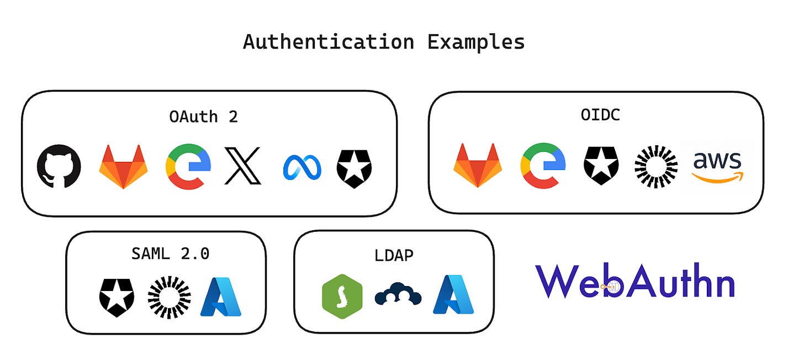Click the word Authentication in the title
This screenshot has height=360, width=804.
coord(329,43)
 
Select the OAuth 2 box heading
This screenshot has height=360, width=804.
coord(204,117)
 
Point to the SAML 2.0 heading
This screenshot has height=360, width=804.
coord(170,253)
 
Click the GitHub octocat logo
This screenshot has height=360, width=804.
coord(59,166)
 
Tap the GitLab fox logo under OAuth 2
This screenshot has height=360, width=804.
coord(123,166)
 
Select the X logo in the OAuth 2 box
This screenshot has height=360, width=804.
coord(242,166)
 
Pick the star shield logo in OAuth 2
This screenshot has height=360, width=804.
coord(354,166)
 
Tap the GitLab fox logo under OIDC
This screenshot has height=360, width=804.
coord(478,166)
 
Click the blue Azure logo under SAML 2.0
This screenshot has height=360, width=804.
coord(221,297)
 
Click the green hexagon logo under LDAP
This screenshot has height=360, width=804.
coord(342,297)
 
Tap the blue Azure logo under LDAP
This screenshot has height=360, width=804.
coord(453,295)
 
